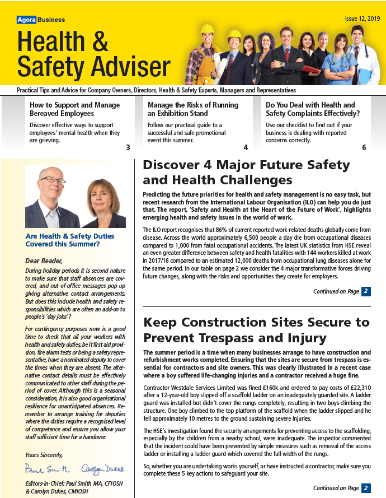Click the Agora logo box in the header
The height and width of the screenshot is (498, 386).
pyautogui.click(x=26, y=20)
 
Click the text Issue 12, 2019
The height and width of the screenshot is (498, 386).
pyautogui.click(x=362, y=18)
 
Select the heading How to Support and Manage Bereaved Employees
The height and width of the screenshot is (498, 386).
pyautogui.click(x=74, y=109)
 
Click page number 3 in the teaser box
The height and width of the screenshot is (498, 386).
pyautogui.click(x=128, y=148)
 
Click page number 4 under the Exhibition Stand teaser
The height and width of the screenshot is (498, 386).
pyautogui.click(x=246, y=148)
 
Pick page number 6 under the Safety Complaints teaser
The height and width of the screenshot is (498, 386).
pyautogui.click(x=364, y=148)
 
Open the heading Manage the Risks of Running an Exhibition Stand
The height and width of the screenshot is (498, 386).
pyautogui.click(x=193, y=109)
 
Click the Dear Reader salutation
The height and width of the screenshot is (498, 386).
pyautogui.click(x=44, y=260)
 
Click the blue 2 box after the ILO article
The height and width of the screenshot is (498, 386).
pyautogui.click(x=365, y=291)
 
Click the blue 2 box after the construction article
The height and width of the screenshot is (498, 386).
pyautogui.click(x=365, y=488)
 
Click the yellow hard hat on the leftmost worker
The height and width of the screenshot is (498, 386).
pyautogui.click(x=208, y=29)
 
